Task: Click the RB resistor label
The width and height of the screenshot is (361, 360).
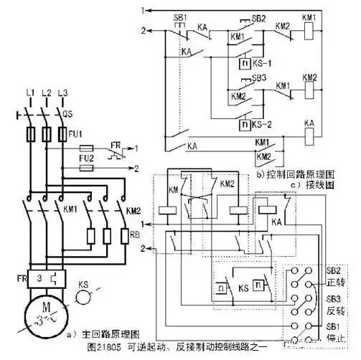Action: pos(134,233)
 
